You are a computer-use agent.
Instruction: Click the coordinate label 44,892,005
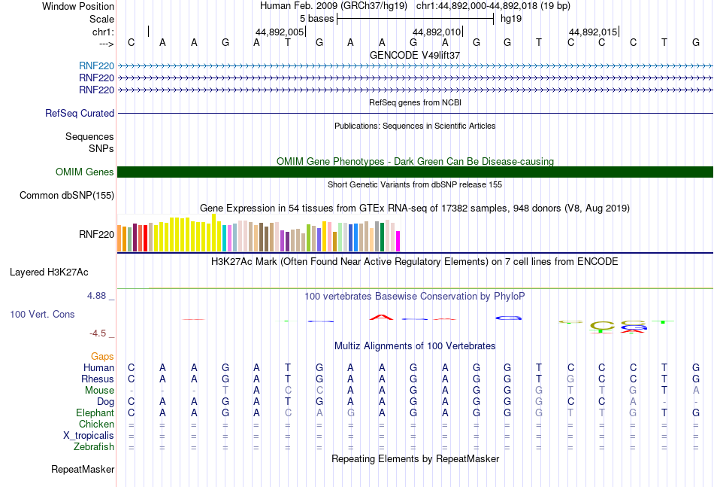(280, 32)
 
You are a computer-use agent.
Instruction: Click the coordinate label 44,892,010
(437, 32)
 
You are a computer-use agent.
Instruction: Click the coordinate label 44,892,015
(593, 32)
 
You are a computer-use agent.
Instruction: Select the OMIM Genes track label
(85, 172)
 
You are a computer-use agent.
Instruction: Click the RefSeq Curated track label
(80, 114)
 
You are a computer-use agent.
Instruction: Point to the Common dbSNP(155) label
(67, 196)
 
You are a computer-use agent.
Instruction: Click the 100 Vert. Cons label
(42, 314)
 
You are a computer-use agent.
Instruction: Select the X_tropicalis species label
(89, 436)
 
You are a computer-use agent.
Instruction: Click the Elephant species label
(95, 413)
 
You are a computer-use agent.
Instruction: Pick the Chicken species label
(96, 425)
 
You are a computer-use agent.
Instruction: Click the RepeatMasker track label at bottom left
(83, 470)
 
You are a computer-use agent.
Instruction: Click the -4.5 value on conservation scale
(100, 333)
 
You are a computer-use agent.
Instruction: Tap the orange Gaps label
(102, 356)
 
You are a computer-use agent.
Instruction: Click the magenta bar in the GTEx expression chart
(398, 241)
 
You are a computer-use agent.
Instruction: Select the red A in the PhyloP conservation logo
(382, 318)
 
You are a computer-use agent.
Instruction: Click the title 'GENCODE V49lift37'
(415, 55)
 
